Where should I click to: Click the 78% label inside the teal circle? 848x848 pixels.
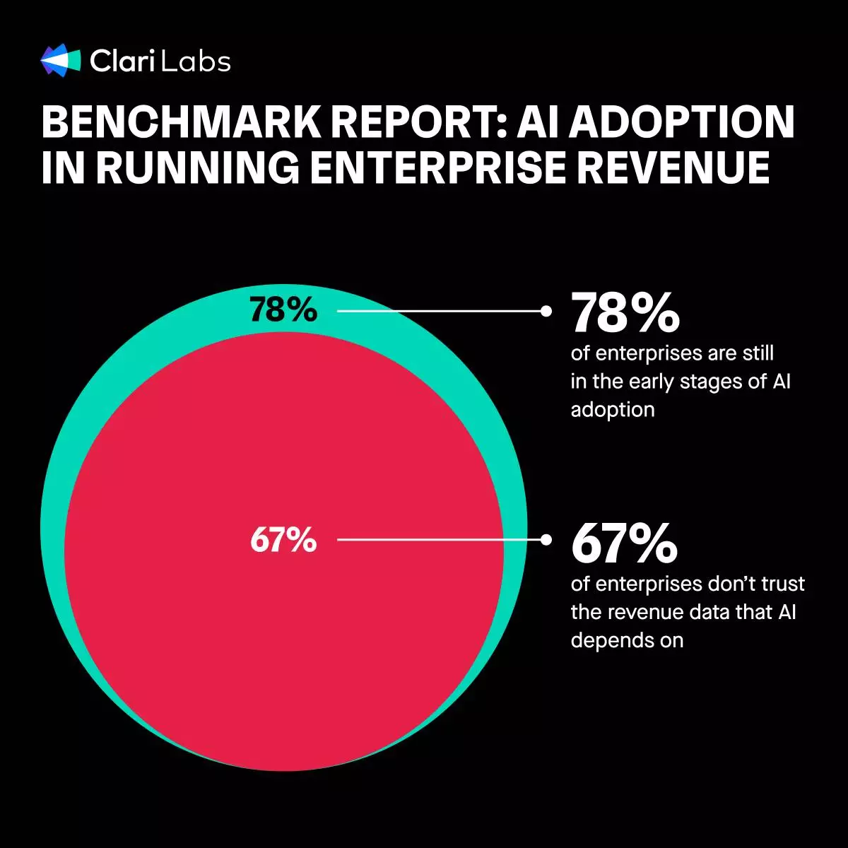point(283,310)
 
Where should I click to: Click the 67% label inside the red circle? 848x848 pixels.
point(283,541)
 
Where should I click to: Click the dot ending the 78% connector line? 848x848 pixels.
point(546,310)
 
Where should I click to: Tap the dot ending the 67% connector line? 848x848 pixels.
point(546,540)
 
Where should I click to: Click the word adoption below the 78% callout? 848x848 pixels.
point(612,410)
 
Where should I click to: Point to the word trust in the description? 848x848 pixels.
point(780,584)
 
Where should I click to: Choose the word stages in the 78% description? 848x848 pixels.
point(712,382)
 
